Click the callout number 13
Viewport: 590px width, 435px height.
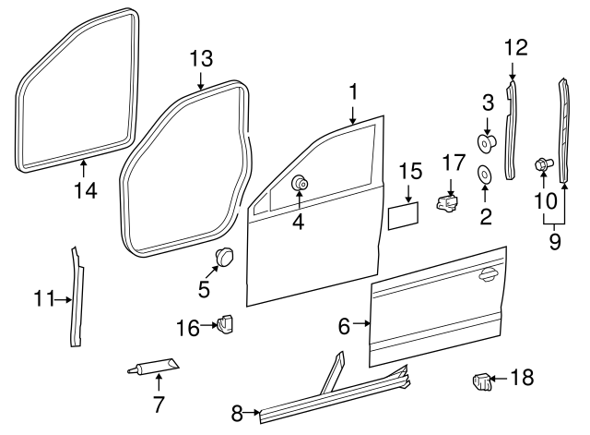201,58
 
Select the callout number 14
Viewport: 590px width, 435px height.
85,191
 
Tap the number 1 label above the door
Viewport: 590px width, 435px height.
351,91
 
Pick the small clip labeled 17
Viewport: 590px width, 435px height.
447,204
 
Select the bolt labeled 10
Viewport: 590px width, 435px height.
542,165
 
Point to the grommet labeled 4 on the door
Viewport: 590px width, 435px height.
300,183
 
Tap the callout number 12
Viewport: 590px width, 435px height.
515,47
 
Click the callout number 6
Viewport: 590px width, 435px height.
344,326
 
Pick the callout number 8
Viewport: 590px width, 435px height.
238,413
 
